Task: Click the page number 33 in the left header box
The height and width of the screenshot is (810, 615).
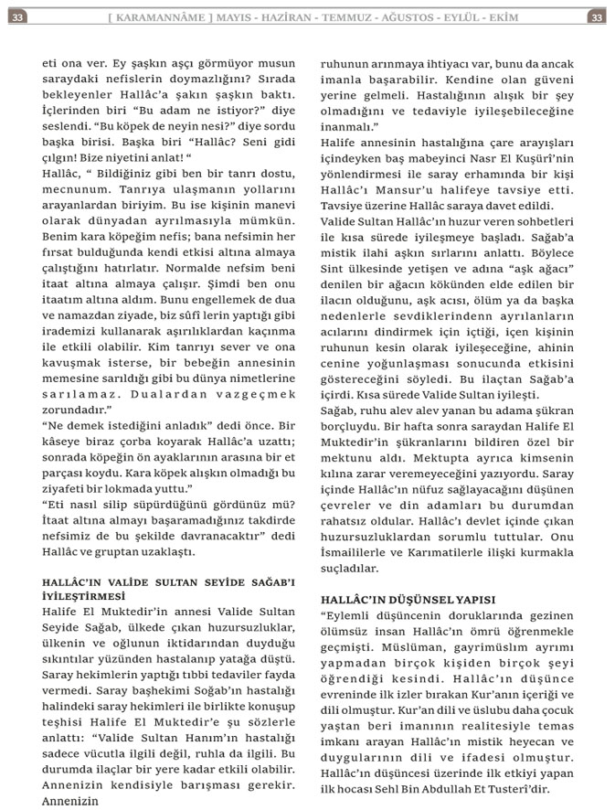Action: pos(17,17)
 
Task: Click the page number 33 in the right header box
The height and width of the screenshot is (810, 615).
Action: pos(596,17)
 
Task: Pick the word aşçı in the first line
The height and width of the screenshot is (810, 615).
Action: pos(164,66)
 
